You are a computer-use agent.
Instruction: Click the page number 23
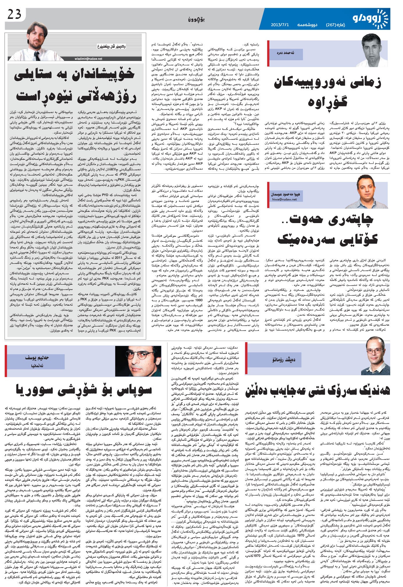tap(15, 15)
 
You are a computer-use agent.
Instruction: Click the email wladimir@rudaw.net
tap(87, 59)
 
